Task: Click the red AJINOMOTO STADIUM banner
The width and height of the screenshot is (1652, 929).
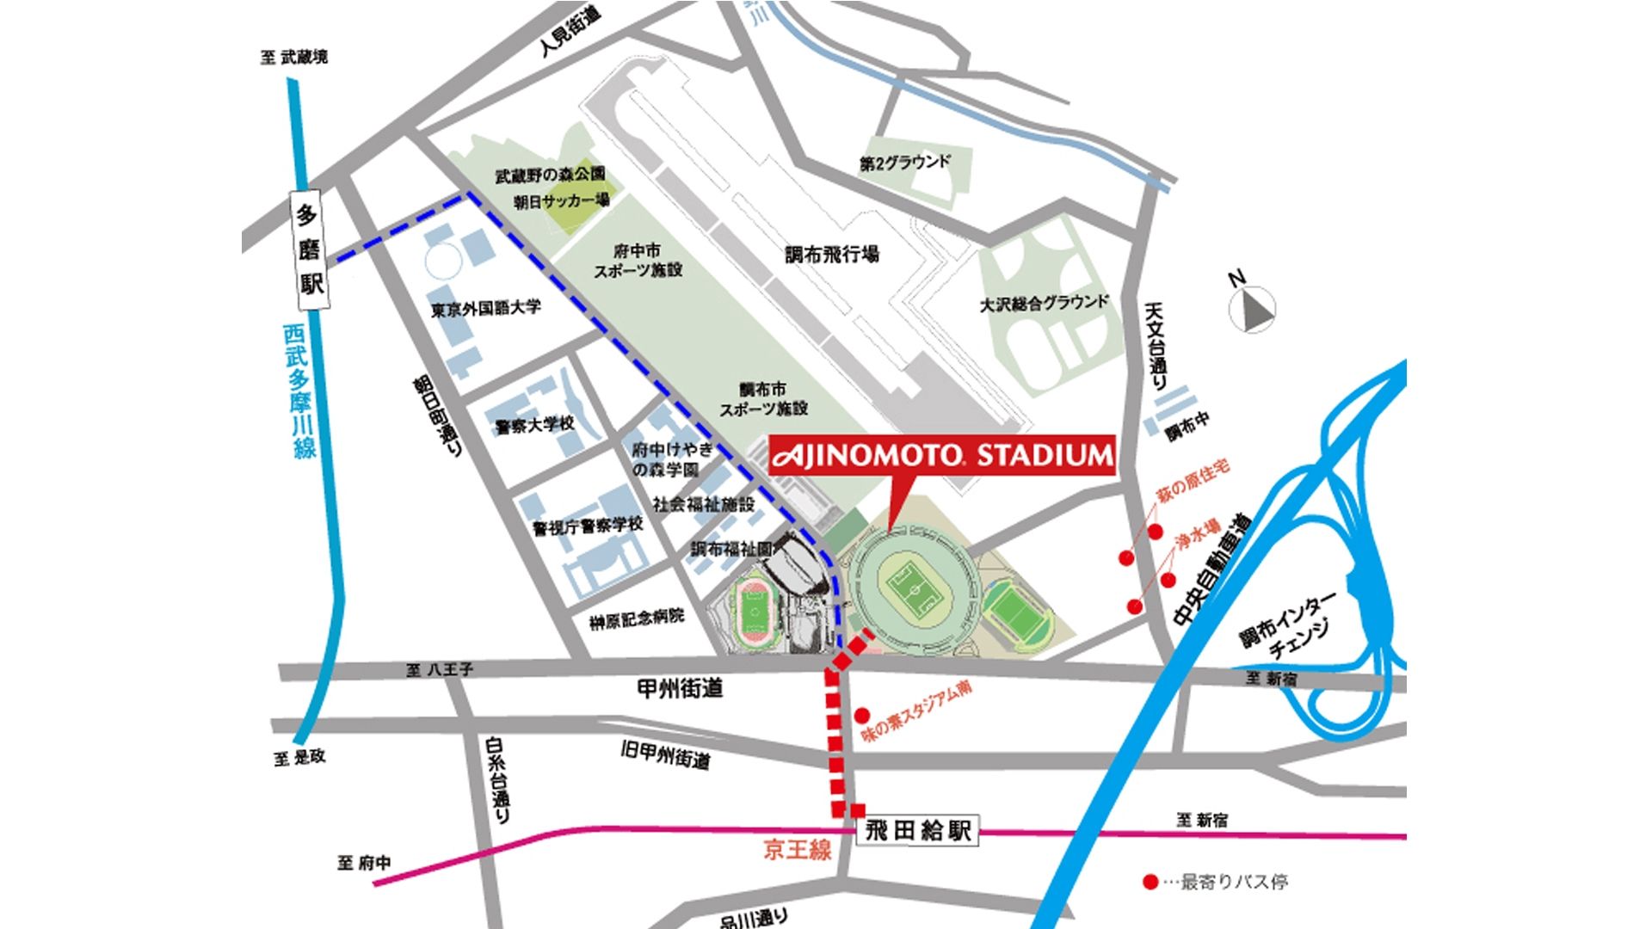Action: coord(941,455)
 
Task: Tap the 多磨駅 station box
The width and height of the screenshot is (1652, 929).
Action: coord(311,249)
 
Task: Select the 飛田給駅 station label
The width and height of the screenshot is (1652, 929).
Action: coord(918,831)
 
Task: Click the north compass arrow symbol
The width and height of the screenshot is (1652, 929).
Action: coord(1252,310)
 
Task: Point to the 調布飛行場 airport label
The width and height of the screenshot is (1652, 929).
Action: coord(832,255)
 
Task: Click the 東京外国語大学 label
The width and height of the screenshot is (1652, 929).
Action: coord(486,308)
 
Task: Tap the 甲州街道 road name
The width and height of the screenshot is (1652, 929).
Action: coord(680,688)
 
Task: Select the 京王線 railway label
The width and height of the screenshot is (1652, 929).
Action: coord(798,851)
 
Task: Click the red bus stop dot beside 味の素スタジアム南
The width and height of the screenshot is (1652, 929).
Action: coord(862,715)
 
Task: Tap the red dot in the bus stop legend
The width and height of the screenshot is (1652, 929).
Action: coord(1150,882)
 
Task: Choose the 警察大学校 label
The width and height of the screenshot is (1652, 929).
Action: coord(534,425)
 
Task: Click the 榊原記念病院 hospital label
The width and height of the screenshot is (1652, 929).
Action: coord(637,618)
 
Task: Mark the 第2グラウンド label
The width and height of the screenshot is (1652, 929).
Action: coord(905,162)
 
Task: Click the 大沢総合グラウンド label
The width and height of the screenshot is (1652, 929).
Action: coord(1045,303)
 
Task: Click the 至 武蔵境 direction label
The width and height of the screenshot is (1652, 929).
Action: coord(294,58)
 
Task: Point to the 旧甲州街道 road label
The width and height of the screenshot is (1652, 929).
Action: coord(666,755)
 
